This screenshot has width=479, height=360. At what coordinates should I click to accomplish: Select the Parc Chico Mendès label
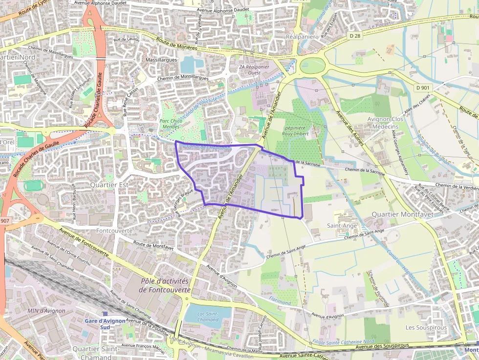(x=171, y=124)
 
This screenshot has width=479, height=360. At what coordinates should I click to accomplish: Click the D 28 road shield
(x=355, y=36)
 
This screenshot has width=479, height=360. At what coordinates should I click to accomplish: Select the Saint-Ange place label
(x=341, y=226)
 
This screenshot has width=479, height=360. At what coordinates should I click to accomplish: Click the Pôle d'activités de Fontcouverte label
(x=165, y=285)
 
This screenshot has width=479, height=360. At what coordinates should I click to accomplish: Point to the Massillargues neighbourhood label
(x=161, y=60)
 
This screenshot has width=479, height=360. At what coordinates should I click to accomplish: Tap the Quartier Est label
(x=109, y=185)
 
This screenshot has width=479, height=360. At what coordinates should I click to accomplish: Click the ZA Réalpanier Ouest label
(x=254, y=69)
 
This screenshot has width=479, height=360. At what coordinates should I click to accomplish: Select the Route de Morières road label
(x=176, y=44)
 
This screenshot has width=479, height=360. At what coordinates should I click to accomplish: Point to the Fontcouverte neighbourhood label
(x=114, y=230)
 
